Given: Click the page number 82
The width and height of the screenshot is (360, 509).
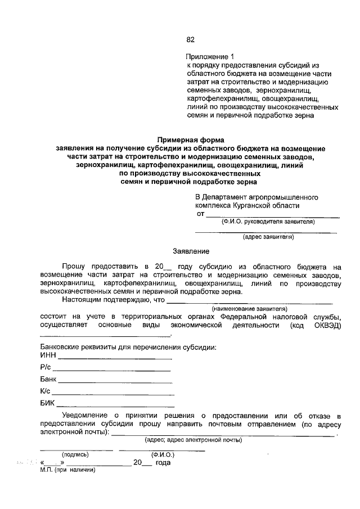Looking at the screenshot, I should (x=190, y=39).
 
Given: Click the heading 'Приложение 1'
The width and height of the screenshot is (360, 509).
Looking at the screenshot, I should (x=209, y=57).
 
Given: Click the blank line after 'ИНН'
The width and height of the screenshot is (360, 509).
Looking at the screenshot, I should (x=115, y=358).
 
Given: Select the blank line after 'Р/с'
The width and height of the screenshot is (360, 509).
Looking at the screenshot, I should (x=111, y=370).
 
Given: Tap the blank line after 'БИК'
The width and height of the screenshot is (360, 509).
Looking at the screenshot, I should (x=115, y=406).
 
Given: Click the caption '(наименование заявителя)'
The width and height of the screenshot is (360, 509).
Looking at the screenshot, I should (x=249, y=309).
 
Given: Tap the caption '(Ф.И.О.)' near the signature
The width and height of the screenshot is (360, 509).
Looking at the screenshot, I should (x=163, y=454).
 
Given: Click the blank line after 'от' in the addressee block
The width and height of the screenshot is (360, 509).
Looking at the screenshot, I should (x=272, y=215).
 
